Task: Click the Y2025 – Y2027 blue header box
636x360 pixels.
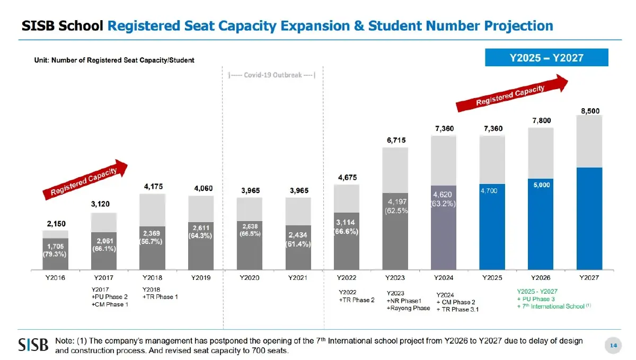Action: pyautogui.click(x=546, y=57)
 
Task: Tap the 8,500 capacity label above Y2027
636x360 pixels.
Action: pyautogui.click(x=589, y=111)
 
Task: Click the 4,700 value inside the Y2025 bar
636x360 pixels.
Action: pyautogui.click(x=488, y=190)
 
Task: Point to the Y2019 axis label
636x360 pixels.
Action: pyautogui.click(x=201, y=277)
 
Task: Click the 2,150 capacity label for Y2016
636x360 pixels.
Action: pyautogui.click(x=55, y=224)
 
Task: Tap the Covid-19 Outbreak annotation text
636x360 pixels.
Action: pyautogui.click(x=271, y=75)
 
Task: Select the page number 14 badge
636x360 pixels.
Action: pyautogui.click(x=613, y=346)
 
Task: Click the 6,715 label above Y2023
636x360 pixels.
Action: pyautogui.click(x=395, y=140)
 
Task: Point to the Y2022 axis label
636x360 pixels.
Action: pyautogui.click(x=347, y=277)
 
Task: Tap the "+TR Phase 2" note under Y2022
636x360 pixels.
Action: pyautogui.click(x=356, y=300)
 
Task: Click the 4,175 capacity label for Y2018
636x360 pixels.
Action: pyautogui.click(x=153, y=187)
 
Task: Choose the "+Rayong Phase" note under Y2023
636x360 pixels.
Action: pyautogui.click(x=408, y=308)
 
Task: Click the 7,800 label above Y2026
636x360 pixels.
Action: pyautogui.click(x=541, y=121)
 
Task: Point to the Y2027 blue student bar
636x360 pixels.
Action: pyautogui.click(x=589, y=218)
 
